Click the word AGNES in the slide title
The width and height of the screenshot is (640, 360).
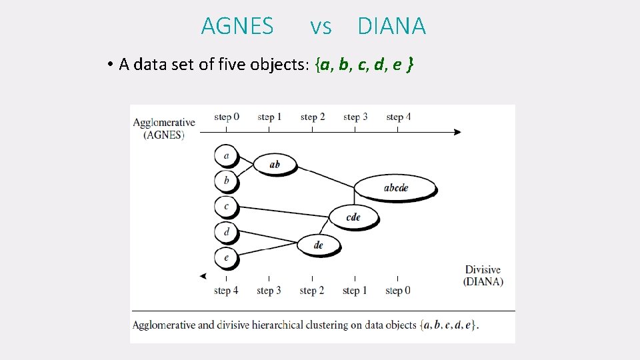237,26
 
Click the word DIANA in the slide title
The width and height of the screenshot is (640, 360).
391,26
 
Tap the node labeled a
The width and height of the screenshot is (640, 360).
227,156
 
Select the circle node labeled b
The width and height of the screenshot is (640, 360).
227,180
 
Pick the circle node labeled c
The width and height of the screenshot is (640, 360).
227,206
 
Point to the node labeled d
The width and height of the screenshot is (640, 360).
227,232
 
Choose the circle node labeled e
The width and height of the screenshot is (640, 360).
227,257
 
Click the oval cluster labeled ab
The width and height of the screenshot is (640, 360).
274,164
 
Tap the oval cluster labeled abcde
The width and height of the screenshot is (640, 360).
395,187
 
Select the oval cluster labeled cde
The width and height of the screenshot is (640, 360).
353,217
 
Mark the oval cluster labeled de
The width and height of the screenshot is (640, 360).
318,245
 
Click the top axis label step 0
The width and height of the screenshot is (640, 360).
227,117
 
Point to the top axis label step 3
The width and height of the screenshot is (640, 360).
355,117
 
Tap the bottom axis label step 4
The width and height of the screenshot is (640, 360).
227,291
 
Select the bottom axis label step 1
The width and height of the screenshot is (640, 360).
355,291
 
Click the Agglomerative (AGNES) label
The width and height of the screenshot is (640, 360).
164,128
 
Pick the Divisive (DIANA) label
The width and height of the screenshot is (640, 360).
483,275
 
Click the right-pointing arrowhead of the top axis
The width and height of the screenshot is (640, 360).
457,132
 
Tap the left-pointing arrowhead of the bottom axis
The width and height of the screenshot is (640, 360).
203,276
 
